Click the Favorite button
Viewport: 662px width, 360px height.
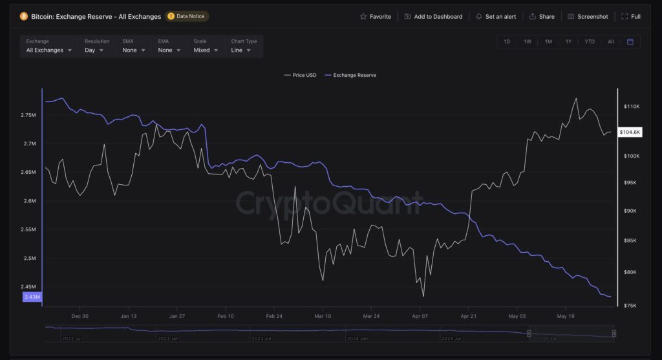(x=376, y=16)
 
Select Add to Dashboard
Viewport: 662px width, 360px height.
(x=433, y=16)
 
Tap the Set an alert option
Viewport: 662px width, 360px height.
(x=496, y=16)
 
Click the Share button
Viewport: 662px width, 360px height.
(x=542, y=16)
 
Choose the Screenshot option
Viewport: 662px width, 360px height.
(x=588, y=16)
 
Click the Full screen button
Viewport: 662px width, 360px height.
(x=631, y=16)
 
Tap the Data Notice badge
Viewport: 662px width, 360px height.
(x=187, y=16)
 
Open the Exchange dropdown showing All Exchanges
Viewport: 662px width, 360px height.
(x=49, y=50)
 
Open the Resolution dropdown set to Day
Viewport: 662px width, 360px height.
(x=94, y=50)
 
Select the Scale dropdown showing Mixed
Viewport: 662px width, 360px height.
(x=206, y=50)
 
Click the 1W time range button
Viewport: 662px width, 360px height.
(x=528, y=41)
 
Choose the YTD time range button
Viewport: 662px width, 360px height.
(x=590, y=41)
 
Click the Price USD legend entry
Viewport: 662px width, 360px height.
(x=301, y=75)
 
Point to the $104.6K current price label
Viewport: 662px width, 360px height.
(x=630, y=132)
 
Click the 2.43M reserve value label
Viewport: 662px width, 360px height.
(x=32, y=297)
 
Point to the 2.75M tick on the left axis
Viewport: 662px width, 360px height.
(x=28, y=115)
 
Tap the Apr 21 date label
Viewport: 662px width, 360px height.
(x=469, y=317)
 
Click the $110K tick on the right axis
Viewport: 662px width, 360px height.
(x=631, y=106)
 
